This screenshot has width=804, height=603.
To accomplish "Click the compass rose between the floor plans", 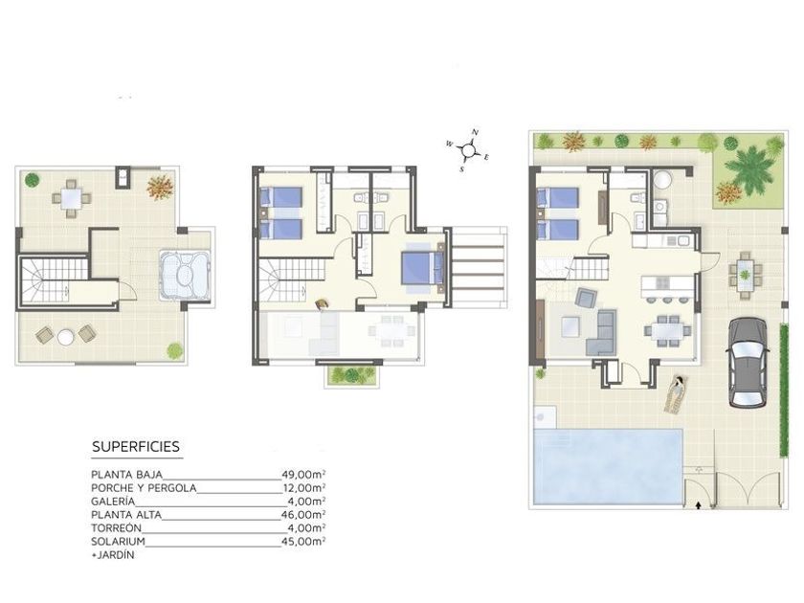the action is pos(469,150).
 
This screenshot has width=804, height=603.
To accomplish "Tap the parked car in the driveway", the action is pos(748,362).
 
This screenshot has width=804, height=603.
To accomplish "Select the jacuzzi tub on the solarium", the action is pos(185,275).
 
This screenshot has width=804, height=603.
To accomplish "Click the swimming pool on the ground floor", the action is pos(608,466).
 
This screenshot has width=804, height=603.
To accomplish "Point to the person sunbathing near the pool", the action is pos(676,394).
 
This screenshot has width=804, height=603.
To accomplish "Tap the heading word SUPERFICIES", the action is pos(136,447).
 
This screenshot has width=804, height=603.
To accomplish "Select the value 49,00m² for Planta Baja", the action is pos(303,475).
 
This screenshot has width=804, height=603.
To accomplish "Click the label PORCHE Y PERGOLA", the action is pos(144,488).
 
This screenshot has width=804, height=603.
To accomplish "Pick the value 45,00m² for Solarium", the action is pos(303,541).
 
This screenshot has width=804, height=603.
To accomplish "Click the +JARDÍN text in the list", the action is pos(113,555).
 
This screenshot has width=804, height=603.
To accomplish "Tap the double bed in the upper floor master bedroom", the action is pos(422,268).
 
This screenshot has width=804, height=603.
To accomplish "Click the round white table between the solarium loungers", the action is pos(66,337).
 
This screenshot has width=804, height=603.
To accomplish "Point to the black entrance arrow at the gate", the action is pos(698,505).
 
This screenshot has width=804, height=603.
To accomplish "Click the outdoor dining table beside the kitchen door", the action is pos(745,275).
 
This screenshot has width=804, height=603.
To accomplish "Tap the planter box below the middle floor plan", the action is pos(352,376).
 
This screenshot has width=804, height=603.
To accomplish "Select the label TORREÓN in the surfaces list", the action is pos(116,527).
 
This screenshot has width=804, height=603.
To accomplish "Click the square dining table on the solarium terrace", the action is pos(71,198).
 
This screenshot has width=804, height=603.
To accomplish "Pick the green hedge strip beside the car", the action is pos(784,391).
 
